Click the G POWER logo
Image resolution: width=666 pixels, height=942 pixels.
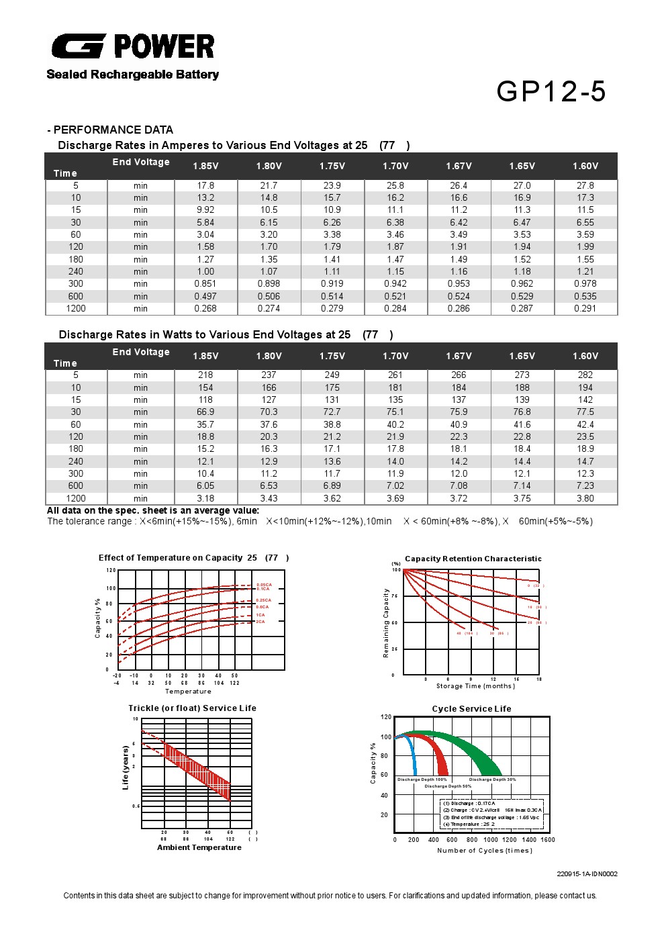[133, 46]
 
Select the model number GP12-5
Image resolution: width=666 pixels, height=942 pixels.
[551, 92]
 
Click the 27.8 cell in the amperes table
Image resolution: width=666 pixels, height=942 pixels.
[585, 185]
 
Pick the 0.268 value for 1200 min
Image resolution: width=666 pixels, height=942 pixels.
[205, 308]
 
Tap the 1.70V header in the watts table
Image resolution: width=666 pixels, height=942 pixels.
[395, 356]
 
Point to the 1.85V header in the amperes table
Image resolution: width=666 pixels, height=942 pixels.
[205, 166]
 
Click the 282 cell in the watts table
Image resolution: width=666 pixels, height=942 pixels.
[585, 375]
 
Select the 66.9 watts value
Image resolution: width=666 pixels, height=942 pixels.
[205, 412]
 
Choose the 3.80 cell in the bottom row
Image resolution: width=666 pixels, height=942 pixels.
[585, 498]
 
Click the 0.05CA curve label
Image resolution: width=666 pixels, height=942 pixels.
[263, 584]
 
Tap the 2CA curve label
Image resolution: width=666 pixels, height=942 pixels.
[260, 622]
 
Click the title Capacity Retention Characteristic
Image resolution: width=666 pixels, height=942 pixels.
[473, 559]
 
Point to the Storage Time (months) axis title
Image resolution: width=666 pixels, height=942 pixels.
[475, 686]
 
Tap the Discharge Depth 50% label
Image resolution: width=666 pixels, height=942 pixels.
[448, 786]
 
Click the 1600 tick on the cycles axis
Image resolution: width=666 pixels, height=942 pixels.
[547, 839]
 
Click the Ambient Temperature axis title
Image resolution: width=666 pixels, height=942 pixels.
[199, 847]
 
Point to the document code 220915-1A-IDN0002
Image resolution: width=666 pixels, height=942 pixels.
[587, 874]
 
